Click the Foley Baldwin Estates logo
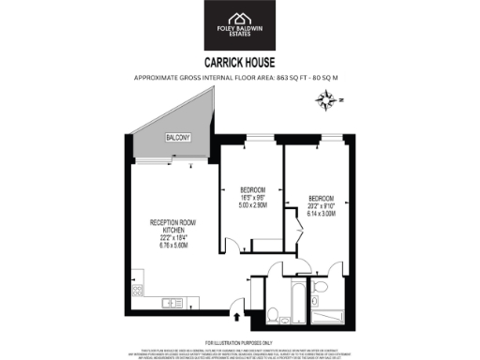[240, 26]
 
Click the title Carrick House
[240, 64]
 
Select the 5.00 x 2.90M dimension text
[246, 204]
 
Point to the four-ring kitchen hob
[137, 281]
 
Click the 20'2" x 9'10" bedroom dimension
[320, 206]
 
